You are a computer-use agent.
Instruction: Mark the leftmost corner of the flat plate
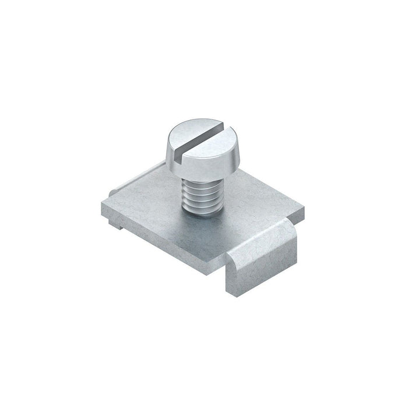point(100,200)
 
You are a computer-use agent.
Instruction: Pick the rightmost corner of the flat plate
point(305,205)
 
